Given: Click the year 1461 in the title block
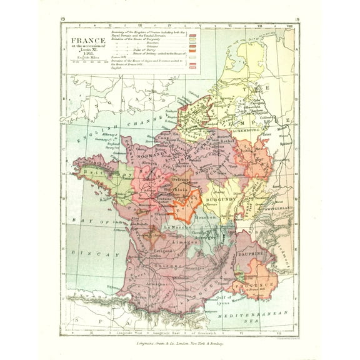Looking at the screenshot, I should [x=87, y=54].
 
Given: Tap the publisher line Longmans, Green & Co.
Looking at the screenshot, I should [x=179, y=344].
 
